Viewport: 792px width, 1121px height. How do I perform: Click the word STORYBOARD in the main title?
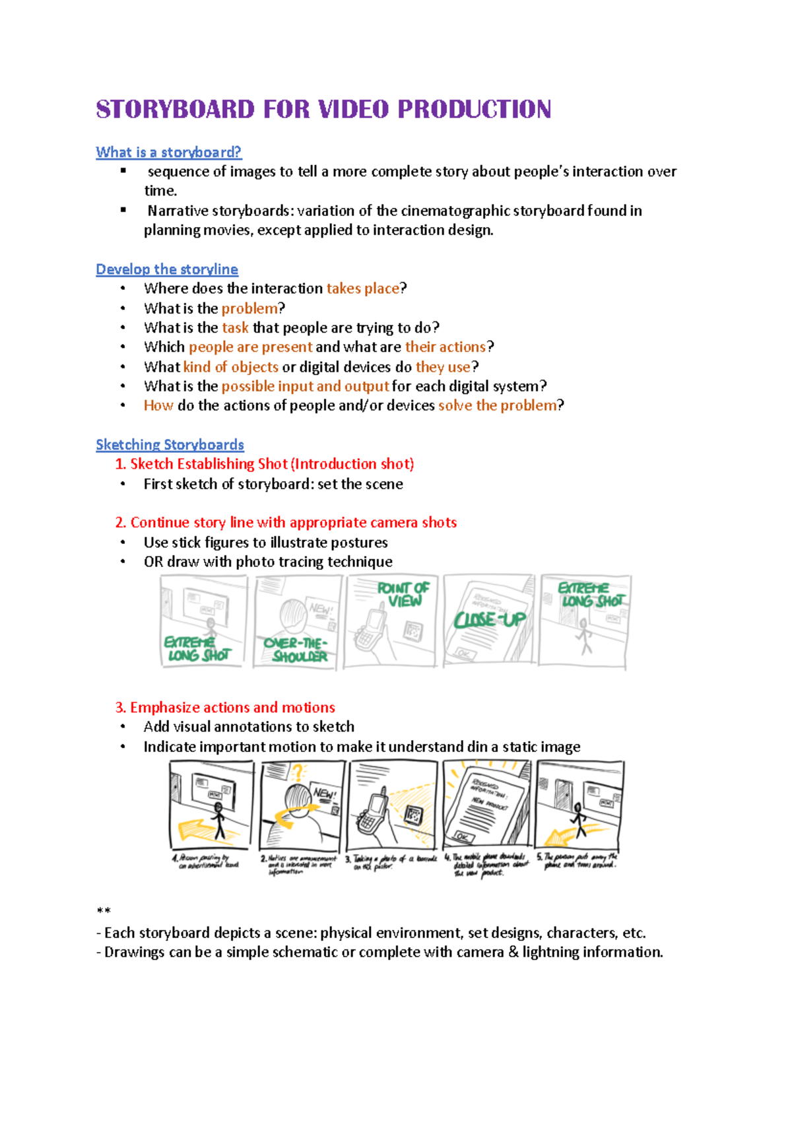[x=175, y=110]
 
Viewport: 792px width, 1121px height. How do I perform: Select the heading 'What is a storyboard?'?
[x=168, y=153]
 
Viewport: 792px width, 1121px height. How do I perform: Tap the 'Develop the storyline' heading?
[x=166, y=269]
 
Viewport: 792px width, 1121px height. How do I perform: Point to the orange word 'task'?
[x=235, y=327]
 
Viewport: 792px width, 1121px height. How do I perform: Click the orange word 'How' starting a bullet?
[x=158, y=405]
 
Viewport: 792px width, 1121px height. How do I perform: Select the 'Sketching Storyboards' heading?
[x=170, y=445]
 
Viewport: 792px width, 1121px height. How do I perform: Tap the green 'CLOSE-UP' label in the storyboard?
[x=490, y=619]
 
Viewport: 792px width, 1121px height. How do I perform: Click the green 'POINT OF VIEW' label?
[x=403, y=594]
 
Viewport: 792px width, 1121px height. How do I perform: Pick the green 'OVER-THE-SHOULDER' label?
[x=297, y=650]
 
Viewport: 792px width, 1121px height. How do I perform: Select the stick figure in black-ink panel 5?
[x=578, y=819]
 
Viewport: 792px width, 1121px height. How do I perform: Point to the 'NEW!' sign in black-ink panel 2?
[x=324, y=794]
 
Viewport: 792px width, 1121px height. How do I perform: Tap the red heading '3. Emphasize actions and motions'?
[x=225, y=708]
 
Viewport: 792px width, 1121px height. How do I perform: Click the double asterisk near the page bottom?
[x=103, y=912]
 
